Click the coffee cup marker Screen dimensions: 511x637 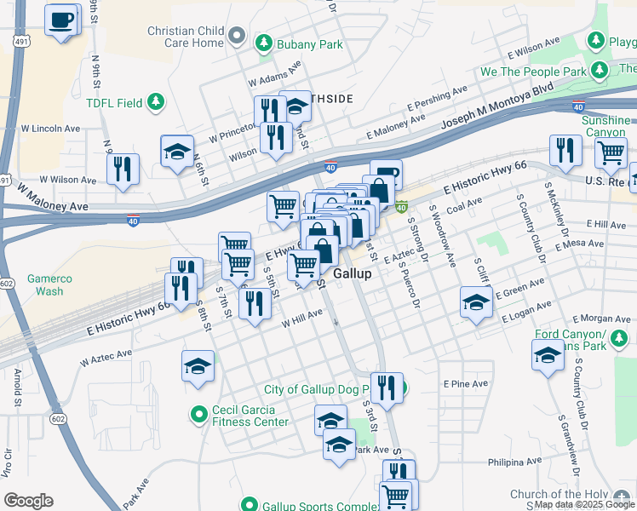coord(61,20)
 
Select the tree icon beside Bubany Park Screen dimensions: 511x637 coord(265,41)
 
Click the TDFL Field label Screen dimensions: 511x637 coord(113,103)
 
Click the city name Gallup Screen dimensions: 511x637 coord(352,273)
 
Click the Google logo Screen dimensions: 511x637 coord(28,501)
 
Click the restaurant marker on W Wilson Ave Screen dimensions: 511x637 coord(123,168)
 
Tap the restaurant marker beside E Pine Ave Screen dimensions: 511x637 coord(386,388)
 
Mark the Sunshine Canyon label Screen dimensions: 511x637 coord(605,127)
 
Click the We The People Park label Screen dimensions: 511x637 coord(534,72)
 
